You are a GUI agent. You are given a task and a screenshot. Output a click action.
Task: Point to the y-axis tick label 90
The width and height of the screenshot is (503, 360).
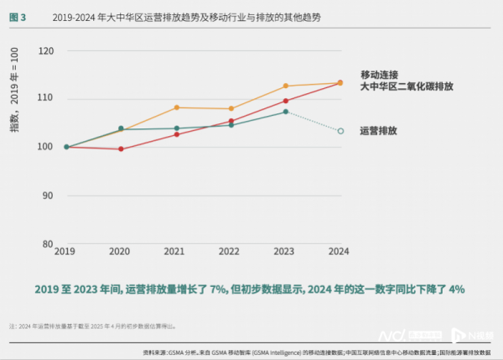click(47, 196)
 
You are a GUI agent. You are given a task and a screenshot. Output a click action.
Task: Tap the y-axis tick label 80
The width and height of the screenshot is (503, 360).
click(47, 243)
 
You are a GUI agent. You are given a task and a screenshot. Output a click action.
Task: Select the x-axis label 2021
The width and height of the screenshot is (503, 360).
click(174, 252)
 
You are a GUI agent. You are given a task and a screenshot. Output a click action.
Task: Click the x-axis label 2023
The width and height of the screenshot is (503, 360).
click(285, 252)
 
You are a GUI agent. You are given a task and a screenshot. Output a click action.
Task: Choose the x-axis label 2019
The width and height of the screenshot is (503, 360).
click(65, 252)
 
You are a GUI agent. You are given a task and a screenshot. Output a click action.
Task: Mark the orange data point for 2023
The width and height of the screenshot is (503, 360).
click(285, 86)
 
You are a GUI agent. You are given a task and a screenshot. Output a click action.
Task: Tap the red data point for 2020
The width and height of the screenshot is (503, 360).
click(121, 149)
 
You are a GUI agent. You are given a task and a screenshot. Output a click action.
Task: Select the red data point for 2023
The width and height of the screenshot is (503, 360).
click(285, 101)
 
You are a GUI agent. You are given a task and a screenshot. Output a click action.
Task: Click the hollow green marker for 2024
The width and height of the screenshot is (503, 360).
click(340, 131)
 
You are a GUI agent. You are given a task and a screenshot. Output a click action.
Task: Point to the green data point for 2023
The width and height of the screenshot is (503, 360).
click(285, 112)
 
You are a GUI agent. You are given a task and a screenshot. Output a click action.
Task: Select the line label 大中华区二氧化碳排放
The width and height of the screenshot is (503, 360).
click(406, 86)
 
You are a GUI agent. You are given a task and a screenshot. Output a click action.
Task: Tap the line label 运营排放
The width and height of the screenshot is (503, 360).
click(378, 131)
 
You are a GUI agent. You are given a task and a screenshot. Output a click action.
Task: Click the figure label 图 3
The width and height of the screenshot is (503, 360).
click(17, 17)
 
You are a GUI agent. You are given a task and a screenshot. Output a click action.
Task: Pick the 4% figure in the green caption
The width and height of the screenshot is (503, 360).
click(456, 289)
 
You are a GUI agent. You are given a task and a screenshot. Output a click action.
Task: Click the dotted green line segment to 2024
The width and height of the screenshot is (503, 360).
click(313, 121)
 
